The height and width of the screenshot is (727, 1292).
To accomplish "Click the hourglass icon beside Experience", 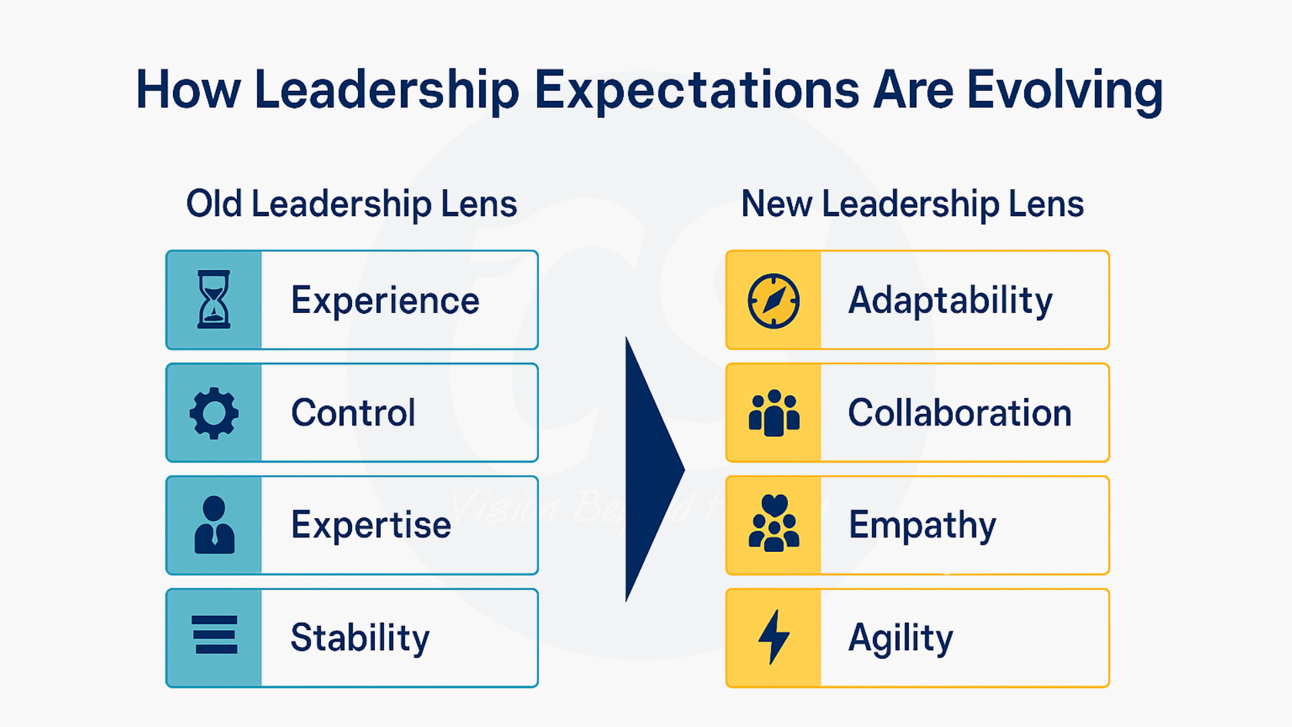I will pos(214,300).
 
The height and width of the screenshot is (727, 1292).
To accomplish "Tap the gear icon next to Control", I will pos(214,413).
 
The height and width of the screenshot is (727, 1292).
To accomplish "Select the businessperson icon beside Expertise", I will pos(214,525).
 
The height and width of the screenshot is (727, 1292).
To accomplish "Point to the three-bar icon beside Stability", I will pos(215,635).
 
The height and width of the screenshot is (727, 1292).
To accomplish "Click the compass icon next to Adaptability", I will pos(774,300).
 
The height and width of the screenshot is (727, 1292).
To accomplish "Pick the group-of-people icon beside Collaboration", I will pos(774,413).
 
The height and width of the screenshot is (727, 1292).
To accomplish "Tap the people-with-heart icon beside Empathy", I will pos(774,524).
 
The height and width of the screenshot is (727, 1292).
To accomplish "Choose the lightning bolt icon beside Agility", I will pos(774,637).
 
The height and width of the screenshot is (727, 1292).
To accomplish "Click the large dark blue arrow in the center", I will pos(649,469).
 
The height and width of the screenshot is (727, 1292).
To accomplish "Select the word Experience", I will pos(385,300).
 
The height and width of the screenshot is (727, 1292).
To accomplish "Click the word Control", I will pos(353,413).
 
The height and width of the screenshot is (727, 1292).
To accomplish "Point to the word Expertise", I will pos(371,525).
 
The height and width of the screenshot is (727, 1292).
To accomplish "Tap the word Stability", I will pos(360,637).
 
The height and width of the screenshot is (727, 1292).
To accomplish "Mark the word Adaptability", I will pos(950,300).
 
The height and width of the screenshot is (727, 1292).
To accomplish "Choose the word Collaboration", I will pos(960,413).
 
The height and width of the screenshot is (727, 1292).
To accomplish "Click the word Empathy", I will pos(922,525).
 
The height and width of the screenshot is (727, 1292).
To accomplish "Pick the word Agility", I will pos(900,637).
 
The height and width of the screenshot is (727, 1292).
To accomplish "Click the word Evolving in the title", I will pos(1065,90).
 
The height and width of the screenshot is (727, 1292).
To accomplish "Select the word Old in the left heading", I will pos(214,204).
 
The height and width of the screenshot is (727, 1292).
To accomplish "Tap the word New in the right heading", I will pos(777,204).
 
